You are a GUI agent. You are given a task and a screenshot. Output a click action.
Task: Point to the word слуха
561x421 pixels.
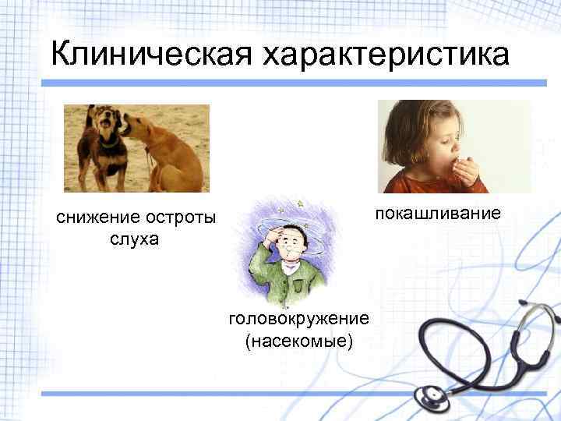pyautogui.click(x=134, y=239)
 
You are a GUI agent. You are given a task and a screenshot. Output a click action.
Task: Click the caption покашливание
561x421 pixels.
pyautogui.click(x=436, y=213)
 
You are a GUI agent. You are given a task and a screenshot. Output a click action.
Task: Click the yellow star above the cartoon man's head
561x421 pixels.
pyautogui.click(x=300, y=204)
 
